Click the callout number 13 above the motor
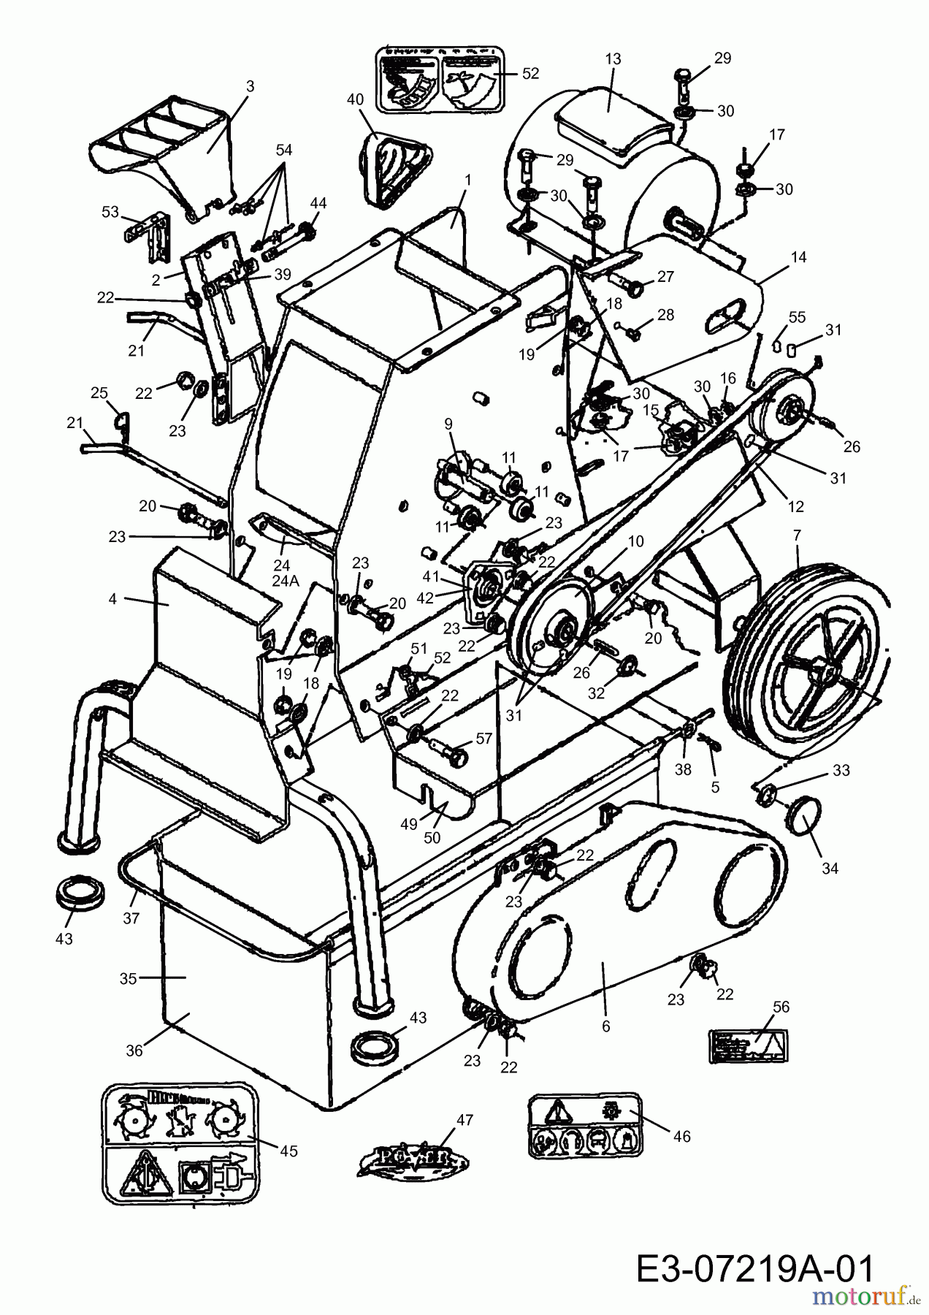613,58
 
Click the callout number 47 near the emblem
464,1120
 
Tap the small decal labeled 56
749,1047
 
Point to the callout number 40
355,99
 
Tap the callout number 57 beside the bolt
483,739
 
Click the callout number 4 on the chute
112,600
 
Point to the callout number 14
798,257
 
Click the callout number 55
796,317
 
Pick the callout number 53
110,212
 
